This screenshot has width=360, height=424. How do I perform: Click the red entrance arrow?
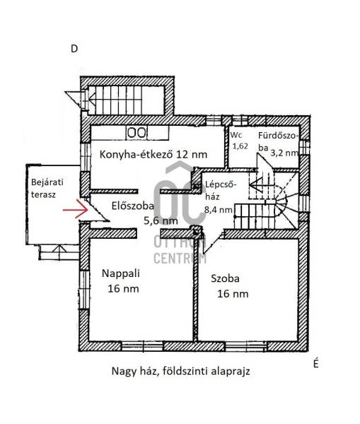point(76,208)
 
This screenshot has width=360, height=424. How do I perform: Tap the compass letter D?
point(74,49)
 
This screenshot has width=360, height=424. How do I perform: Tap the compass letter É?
point(316,363)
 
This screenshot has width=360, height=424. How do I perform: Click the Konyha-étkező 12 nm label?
point(153,154)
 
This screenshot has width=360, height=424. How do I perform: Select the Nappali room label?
point(121,273)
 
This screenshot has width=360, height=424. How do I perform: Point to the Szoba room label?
point(225,278)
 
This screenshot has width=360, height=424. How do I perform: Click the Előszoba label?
point(133,206)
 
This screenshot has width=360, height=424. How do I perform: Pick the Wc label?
point(236,135)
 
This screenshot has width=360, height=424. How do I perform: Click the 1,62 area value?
point(240,146)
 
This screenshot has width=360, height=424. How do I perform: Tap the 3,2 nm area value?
point(284,153)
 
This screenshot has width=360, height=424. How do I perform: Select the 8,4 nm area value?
point(218,210)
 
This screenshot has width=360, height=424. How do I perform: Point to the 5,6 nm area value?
point(161,221)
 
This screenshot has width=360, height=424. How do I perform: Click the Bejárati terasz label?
point(47,188)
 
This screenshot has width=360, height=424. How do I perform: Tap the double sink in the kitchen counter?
point(137,133)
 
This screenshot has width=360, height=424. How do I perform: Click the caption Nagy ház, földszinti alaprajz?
point(180,371)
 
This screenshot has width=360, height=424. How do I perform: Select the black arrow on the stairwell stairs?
point(260,185)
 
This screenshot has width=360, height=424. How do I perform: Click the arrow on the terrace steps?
point(59,249)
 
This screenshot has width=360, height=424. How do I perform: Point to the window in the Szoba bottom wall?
point(245,346)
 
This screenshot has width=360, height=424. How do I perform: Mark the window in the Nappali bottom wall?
point(142,346)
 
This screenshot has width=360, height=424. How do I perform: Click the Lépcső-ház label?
point(219,190)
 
